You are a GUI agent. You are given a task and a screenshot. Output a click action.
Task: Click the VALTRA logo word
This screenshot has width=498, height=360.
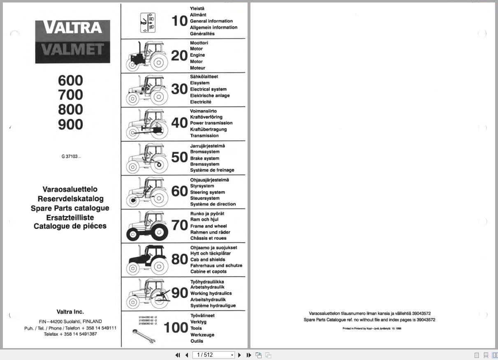tap(73, 28)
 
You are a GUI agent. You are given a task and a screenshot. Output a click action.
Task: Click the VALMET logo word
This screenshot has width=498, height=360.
tap(73, 49)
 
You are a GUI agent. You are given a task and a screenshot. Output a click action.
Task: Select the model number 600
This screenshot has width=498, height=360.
tap(70, 80)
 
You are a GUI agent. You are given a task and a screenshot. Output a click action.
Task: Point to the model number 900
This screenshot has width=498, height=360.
tap(70, 124)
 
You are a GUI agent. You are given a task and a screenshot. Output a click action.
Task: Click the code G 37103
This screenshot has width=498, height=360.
tap(71, 157)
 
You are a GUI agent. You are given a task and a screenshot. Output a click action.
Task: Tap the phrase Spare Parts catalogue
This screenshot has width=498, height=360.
tap(70, 208)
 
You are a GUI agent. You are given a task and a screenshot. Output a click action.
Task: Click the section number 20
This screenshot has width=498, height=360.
tap(179, 55)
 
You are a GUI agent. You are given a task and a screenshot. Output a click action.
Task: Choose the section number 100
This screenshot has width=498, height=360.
tap(176, 328)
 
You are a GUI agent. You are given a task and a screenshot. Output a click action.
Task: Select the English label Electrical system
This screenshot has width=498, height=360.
tap(208, 89)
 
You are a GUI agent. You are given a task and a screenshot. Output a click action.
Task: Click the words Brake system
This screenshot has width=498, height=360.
tap(204, 158)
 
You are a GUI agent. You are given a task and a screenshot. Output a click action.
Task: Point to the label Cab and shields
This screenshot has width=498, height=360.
tap(208, 259)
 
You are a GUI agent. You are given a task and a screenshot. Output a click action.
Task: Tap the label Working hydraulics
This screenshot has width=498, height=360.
tap(211, 293)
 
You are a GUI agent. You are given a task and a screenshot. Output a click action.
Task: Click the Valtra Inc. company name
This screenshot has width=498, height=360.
tap(70, 312)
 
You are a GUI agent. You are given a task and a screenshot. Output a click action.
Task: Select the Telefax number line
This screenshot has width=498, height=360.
tap(70, 334)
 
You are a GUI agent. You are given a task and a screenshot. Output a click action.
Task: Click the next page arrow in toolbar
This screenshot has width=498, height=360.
tap(240, 355)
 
